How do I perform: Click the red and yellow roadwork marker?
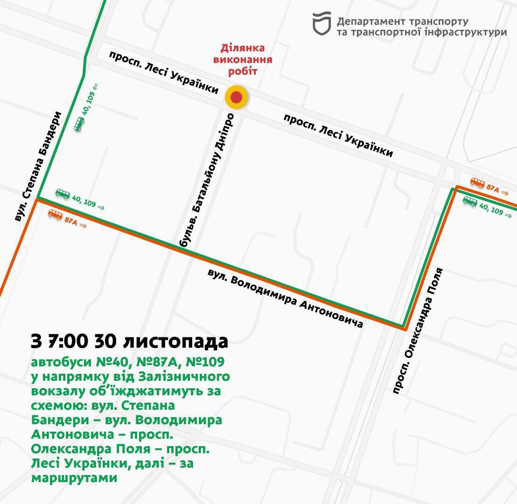click(237, 98)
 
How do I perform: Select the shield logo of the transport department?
click(321, 24)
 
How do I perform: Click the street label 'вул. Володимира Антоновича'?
click(286, 298)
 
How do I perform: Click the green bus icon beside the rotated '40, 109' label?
click(79, 124)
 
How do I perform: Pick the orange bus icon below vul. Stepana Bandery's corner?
click(56, 214)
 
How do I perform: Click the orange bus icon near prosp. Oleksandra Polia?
click(477, 182)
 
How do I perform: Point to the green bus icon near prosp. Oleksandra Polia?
click(470, 201)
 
